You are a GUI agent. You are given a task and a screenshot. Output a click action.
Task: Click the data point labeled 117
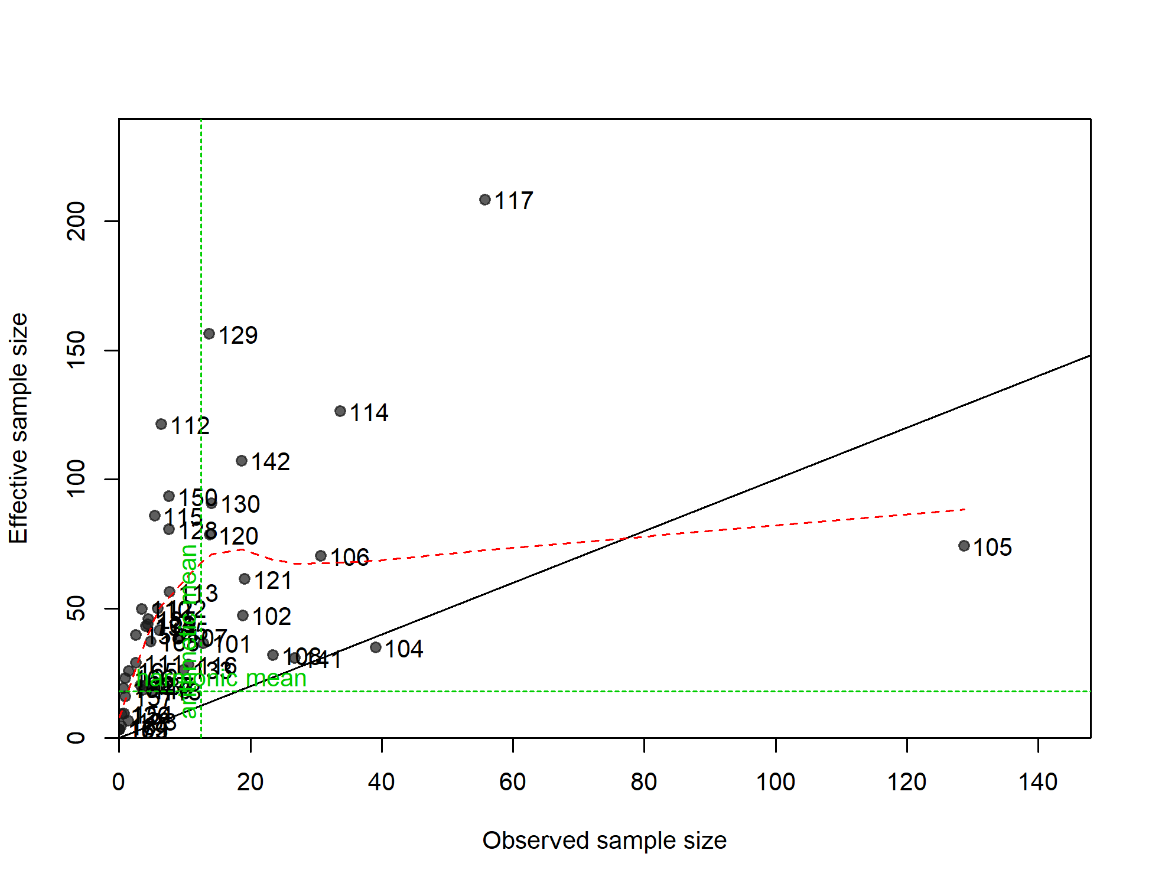click(485, 200)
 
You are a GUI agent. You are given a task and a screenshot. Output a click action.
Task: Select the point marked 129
click(209, 334)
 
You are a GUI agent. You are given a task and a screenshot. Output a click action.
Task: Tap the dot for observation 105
click(964, 546)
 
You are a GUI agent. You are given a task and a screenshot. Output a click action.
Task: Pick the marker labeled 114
click(340, 411)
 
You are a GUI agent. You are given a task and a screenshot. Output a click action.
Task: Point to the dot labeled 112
click(161, 424)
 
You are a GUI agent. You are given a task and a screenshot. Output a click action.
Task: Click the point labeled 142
click(242, 461)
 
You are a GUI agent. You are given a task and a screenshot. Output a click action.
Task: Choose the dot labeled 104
click(376, 647)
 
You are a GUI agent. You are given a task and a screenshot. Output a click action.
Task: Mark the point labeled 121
click(245, 579)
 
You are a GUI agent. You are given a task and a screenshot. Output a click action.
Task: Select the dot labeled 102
click(243, 615)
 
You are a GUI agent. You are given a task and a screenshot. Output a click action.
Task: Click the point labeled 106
click(321, 556)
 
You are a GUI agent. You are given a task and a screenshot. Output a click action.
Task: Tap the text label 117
click(514, 201)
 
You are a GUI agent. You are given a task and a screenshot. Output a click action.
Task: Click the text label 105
click(992, 548)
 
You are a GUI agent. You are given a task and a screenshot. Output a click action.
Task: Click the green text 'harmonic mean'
click(222, 679)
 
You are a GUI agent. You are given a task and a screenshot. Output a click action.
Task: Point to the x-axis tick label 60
click(513, 782)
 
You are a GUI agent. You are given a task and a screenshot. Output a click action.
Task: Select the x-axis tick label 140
click(1038, 782)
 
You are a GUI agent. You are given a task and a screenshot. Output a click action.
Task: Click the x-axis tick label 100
click(776, 782)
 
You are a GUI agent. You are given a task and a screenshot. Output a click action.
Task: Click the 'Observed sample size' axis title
click(604, 841)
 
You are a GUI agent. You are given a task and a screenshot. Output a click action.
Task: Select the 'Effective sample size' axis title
click(18, 428)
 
